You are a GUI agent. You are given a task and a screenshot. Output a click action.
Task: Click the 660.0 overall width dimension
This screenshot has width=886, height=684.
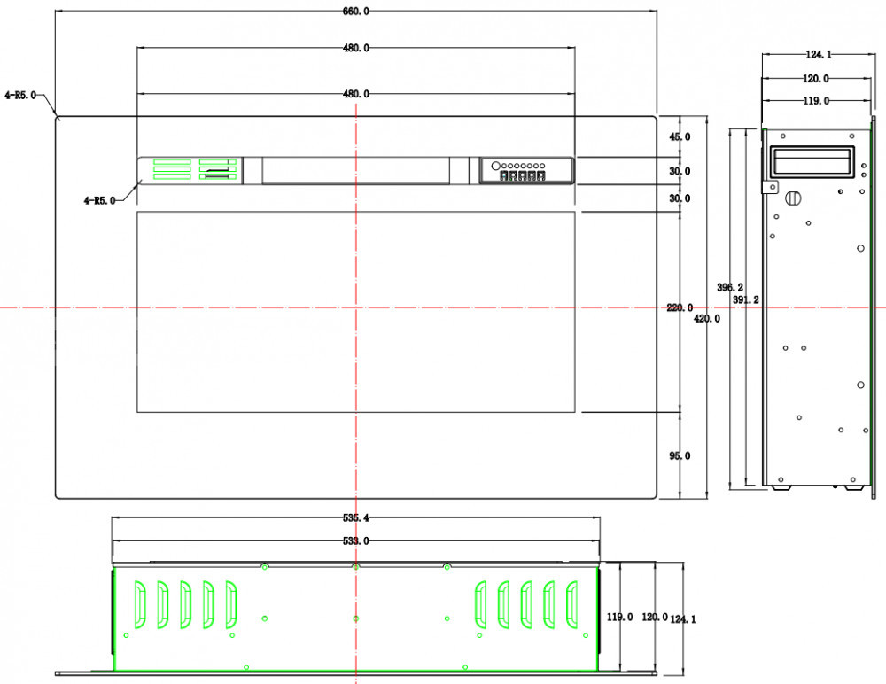point(356,12)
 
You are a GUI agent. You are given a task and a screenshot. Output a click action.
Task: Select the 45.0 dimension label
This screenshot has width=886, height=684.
point(680,136)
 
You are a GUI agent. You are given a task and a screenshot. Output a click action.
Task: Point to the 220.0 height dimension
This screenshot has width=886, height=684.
point(680,308)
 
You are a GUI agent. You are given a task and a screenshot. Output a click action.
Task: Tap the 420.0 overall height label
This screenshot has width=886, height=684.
point(707,319)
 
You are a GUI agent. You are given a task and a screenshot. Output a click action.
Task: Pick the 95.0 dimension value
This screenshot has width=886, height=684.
point(680,455)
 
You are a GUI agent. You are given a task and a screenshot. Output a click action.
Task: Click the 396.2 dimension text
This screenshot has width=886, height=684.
point(730,287)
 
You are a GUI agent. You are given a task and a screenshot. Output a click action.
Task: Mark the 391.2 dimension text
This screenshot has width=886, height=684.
point(746,299)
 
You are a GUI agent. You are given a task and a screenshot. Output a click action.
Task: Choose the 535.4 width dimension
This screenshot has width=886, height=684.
point(356,517)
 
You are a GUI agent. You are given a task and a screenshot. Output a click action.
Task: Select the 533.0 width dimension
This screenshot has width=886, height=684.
point(356,541)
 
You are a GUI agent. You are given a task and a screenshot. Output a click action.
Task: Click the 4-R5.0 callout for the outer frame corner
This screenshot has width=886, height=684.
point(20,95)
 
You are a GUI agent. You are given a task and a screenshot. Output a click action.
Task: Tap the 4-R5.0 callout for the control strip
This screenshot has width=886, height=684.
point(99,200)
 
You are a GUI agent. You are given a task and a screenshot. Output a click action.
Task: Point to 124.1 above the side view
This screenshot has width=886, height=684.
point(819,55)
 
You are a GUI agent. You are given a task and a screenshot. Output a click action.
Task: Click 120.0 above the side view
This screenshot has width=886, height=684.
point(816,79)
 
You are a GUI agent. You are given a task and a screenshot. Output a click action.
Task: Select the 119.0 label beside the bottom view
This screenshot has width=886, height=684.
point(620,617)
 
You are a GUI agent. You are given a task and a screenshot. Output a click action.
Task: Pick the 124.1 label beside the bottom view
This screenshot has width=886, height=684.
point(683,619)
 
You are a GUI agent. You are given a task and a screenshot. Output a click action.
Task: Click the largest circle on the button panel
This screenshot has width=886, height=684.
point(495,167)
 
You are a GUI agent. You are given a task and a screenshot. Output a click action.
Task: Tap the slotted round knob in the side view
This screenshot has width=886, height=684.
point(793,198)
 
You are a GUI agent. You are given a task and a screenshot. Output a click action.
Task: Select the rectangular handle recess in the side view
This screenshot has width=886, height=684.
point(812,160)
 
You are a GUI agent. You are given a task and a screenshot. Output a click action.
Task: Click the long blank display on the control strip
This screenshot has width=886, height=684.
point(356,171)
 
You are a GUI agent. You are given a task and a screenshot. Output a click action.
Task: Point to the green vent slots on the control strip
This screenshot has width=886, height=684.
point(195,169)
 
